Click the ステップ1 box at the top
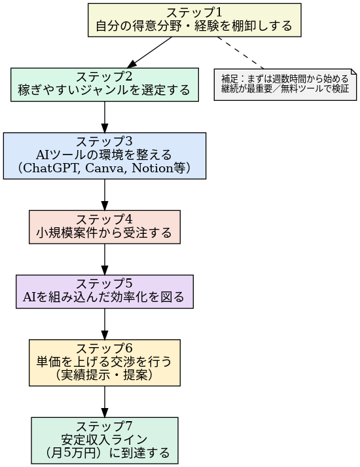click(194, 20)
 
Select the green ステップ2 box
click(105, 84)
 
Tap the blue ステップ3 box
click(105, 156)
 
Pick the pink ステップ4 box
click(105, 227)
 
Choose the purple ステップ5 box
click(105, 291)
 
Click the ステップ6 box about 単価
click(105, 363)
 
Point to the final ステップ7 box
click(105, 441)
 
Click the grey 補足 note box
click(285, 84)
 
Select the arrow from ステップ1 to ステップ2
click(150, 52)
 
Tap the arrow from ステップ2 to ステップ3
click(105, 117)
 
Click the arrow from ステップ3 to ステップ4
click(105, 195)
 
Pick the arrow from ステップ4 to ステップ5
click(105, 259)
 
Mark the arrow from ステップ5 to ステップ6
click(105, 324)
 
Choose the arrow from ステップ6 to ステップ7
click(105, 402)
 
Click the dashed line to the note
click(240, 53)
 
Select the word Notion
click(153, 168)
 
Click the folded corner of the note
click(354, 72)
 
